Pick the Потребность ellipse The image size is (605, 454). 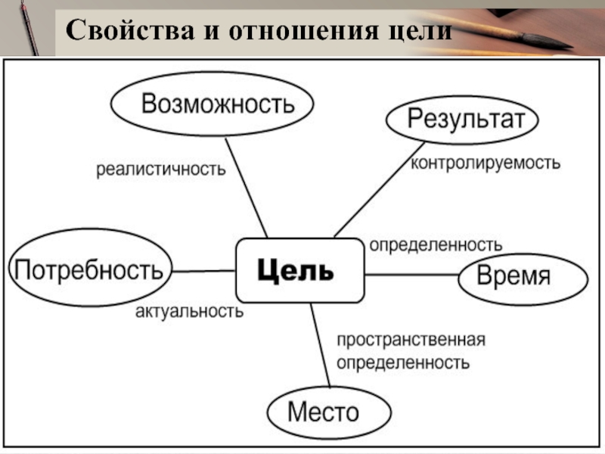tap(89, 269)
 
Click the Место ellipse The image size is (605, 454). tap(330, 412)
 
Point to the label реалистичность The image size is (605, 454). tap(160, 169)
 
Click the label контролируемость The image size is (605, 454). tap(485, 163)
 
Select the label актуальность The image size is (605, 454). tap(189, 311)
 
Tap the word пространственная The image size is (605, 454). tap(411, 340)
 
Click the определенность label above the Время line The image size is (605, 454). tap(435, 245)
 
